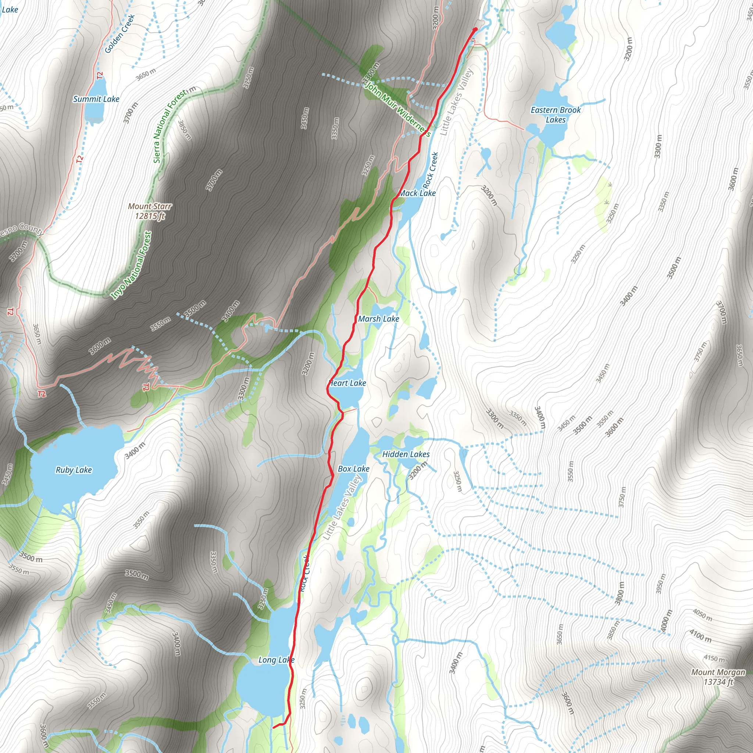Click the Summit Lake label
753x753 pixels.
click(x=96, y=99)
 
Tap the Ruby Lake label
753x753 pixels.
click(x=74, y=470)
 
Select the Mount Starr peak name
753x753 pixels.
click(x=150, y=206)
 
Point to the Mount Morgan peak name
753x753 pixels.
click(x=718, y=672)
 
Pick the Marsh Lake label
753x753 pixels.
click(x=378, y=319)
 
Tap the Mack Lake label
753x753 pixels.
click(x=417, y=193)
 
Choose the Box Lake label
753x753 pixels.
click(x=353, y=469)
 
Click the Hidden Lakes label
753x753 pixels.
click(x=406, y=454)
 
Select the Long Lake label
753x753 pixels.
click(x=276, y=660)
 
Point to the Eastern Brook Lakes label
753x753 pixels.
click(x=556, y=115)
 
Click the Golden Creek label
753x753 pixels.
click(x=119, y=34)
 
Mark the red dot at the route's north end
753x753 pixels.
click(x=475, y=30)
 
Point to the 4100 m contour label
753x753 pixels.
click(x=700, y=636)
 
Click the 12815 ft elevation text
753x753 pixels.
click(x=150, y=216)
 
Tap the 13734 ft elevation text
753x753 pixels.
click(x=718, y=682)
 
